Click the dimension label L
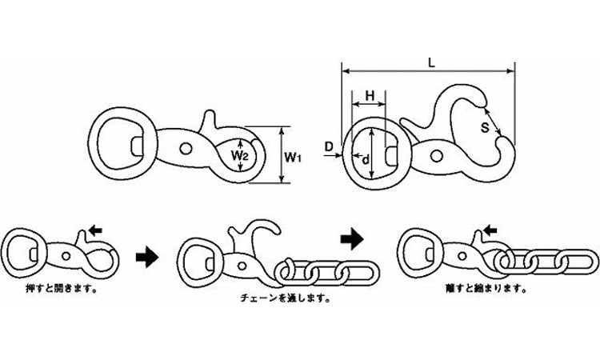pyautogui.click(x=432, y=62)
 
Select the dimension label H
pyautogui.click(x=370, y=96)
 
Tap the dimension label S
pyautogui.click(x=485, y=128)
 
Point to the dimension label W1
pyautogui.click(x=294, y=157)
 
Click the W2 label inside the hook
pyautogui.click(x=240, y=155)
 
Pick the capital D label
pyautogui.click(x=329, y=146)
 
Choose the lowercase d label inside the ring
pyautogui.click(x=366, y=159)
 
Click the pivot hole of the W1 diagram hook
pyautogui.click(x=186, y=149)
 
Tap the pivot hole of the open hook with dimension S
pyautogui.click(x=436, y=156)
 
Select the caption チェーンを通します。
pyautogui.click(x=286, y=298)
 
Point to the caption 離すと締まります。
pyautogui.click(x=486, y=288)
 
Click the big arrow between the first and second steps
pyautogui.click(x=147, y=257)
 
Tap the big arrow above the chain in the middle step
pyautogui.click(x=352, y=239)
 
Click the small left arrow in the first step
pyautogui.click(x=95, y=230)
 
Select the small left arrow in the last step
pyautogui.click(x=490, y=230)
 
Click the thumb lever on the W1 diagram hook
pyautogui.click(x=209, y=121)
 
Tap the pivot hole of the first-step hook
pyautogui.click(x=66, y=256)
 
